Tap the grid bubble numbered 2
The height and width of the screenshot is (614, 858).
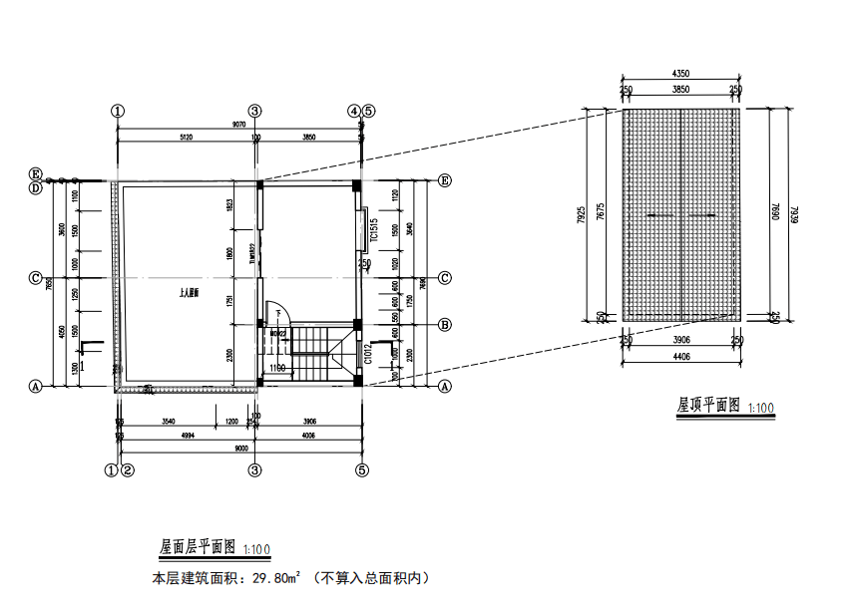[x=128, y=469]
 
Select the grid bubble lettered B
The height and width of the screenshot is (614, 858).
[x=445, y=324]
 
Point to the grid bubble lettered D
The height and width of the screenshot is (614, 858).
[x=35, y=187]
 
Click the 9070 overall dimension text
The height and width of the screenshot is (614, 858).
[x=239, y=124]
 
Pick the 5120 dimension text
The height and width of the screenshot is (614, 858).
[x=186, y=136]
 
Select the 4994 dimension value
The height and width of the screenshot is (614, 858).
[x=186, y=436]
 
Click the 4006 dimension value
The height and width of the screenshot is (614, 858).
[x=307, y=436]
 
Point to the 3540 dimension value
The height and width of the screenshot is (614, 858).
[x=168, y=423]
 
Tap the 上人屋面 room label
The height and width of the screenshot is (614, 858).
[x=190, y=294]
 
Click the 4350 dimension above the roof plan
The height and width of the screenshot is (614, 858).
[x=681, y=74]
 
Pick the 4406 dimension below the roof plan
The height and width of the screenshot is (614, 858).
[x=681, y=356]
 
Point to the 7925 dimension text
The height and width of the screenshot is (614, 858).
[x=582, y=216]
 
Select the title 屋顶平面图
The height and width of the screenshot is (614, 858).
[x=708, y=406]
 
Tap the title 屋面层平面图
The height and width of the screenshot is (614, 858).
[x=197, y=547]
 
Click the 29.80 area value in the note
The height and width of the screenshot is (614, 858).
[x=274, y=577]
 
